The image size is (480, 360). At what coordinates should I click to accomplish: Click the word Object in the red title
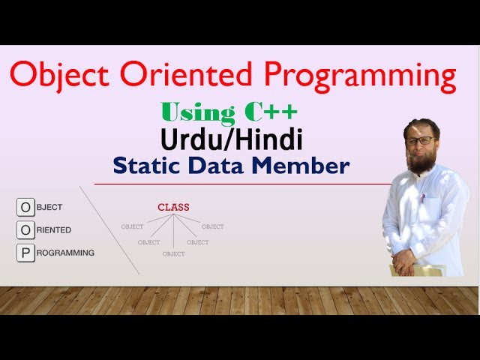[x=59, y=76]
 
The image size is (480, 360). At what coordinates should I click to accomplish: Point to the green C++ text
[x=271, y=112]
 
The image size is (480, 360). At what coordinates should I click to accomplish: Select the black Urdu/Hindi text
[x=231, y=139]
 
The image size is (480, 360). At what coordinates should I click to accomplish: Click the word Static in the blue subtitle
[x=146, y=166]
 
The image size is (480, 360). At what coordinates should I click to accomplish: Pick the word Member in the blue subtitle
[x=309, y=166]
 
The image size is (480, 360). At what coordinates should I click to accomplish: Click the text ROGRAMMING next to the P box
[x=66, y=253]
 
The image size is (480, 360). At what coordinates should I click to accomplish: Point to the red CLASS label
[x=173, y=207]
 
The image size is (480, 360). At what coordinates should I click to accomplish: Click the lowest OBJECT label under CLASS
[x=173, y=254]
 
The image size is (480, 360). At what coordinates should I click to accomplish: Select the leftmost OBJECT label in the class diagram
[x=132, y=226]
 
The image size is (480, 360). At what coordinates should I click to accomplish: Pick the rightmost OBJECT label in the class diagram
[x=212, y=226]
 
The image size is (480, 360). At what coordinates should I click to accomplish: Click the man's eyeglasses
[x=418, y=140]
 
